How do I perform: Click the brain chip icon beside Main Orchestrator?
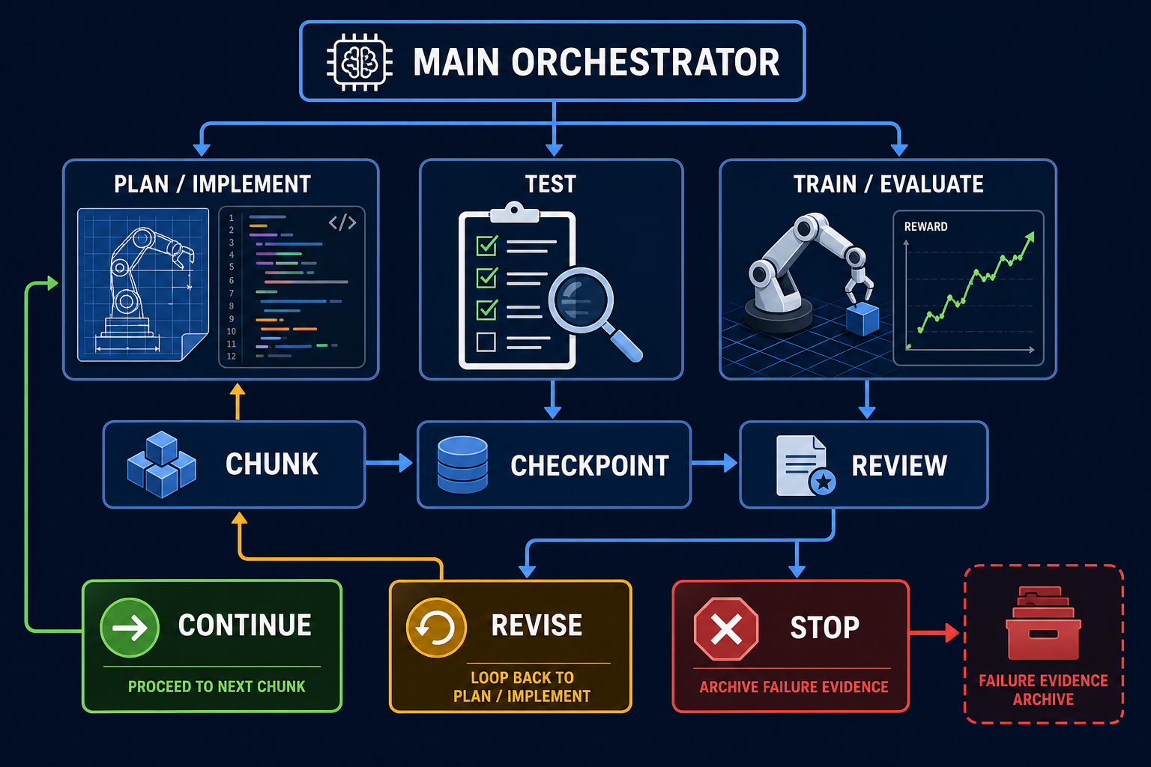360,62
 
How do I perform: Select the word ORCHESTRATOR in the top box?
645,62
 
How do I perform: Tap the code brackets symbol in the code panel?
342,222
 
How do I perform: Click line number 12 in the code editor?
232,356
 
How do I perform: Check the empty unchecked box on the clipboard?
486,342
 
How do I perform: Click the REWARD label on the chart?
926,226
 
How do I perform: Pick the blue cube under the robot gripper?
863,318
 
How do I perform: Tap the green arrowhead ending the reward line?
1030,237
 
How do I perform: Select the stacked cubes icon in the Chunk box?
161,464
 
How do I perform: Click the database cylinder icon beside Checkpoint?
462,464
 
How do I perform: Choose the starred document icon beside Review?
806,467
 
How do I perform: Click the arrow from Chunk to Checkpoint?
389,463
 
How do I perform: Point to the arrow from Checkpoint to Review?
714,463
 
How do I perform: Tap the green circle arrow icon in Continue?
130,627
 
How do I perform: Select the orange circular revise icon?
436,627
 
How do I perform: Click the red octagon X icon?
726,629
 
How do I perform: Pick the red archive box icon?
1043,623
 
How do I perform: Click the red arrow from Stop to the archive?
934,632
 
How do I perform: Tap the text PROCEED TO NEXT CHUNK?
217,686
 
